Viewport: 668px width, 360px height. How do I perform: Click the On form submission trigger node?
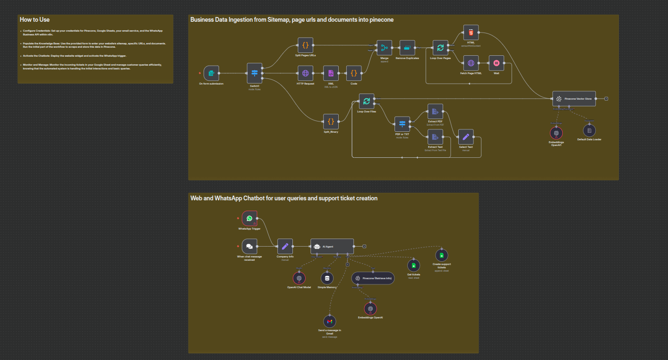click(x=211, y=73)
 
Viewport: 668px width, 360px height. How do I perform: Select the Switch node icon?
click(x=255, y=73)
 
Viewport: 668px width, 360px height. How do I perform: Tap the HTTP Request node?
click(x=305, y=73)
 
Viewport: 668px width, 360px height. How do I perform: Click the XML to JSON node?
click(x=331, y=73)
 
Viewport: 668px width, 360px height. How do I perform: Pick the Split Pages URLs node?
click(x=305, y=45)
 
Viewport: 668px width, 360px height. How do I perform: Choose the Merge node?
click(x=384, y=48)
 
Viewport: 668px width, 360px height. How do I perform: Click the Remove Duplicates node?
click(x=407, y=48)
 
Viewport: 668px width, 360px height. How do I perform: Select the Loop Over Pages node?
click(x=440, y=48)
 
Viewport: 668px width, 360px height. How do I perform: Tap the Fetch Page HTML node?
click(x=471, y=63)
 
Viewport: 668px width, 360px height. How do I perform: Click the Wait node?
click(x=496, y=63)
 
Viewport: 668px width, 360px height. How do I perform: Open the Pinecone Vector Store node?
click(x=574, y=99)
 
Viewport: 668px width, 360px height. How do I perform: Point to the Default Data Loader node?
click(x=589, y=130)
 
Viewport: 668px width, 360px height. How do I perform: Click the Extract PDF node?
click(x=435, y=111)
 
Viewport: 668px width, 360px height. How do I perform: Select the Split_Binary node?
click(x=331, y=121)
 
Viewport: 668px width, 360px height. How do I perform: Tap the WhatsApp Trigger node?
click(x=249, y=218)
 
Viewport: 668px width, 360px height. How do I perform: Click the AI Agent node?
click(x=332, y=246)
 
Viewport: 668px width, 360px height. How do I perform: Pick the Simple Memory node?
click(x=327, y=278)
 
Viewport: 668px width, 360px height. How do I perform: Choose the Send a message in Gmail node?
click(x=330, y=321)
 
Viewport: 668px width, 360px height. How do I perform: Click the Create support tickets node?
click(x=441, y=256)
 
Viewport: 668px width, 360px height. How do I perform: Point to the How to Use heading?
click(x=34, y=20)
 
